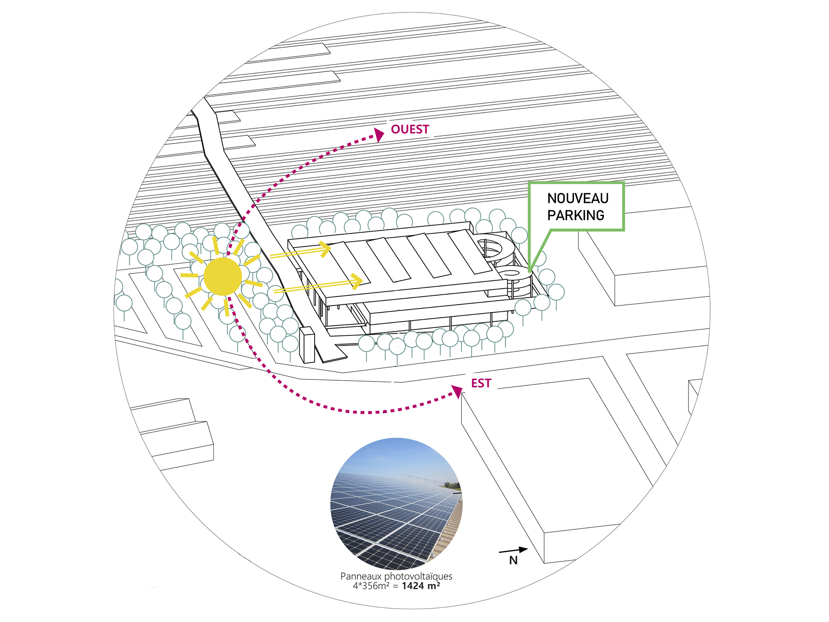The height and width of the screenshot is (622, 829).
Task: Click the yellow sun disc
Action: pyautogui.click(x=223, y=277)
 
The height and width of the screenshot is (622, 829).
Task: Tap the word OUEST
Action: pyautogui.click(x=410, y=129)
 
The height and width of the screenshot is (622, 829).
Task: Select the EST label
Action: pyautogui.click(x=481, y=383)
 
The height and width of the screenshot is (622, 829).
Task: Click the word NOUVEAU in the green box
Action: pyautogui.click(x=578, y=198)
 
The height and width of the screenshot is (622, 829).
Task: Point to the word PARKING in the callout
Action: pyautogui.click(x=576, y=215)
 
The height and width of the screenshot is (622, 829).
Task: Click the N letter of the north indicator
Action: pyautogui.click(x=514, y=561)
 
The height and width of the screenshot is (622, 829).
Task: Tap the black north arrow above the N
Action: pyautogui.click(x=513, y=550)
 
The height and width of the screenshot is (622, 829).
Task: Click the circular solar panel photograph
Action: pyautogui.click(x=396, y=504)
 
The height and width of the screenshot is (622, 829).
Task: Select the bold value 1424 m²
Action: pyautogui.click(x=421, y=586)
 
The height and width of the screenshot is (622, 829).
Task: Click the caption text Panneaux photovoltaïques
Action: pyautogui.click(x=396, y=576)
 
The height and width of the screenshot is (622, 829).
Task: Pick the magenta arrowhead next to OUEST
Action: pyautogui.click(x=379, y=135)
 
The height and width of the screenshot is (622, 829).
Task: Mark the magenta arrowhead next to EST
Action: pyautogui.click(x=458, y=391)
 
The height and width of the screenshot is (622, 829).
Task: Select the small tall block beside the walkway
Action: pyautogui.click(x=307, y=345)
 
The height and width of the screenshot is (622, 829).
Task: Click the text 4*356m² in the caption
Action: pyautogui.click(x=371, y=586)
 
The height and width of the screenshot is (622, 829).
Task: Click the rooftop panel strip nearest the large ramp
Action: pyautogui.click(x=470, y=252)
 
